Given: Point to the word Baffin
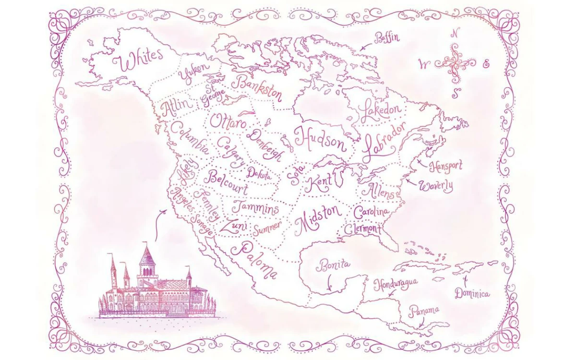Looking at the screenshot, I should [x=387, y=37].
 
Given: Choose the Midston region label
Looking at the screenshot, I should [x=318, y=219].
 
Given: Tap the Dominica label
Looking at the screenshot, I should [x=472, y=293].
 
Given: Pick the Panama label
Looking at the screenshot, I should [x=424, y=311].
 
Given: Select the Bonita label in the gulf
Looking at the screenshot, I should [x=333, y=264].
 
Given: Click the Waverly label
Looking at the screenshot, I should [x=436, y=186].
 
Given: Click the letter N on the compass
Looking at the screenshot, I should [x=456, y=33].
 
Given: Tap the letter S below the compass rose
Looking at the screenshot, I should [x=456, y=93].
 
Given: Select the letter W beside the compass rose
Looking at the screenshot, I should [x=423, y=64].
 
